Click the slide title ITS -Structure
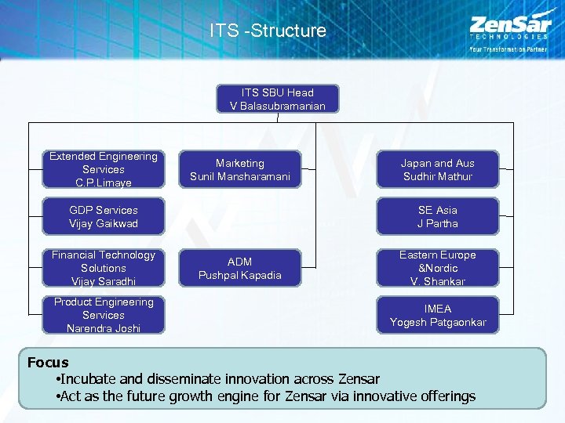(x=268, y=31)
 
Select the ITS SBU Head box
(x=277, y=99)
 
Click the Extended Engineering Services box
(x=104, y=169)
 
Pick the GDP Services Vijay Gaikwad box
(x=104, y=217)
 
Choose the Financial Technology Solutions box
(x=104, y=268)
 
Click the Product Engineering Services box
(x=104, y=315)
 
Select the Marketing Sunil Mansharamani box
(x=240, y=170)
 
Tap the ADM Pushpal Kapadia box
(x=240, y=269)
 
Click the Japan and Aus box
(x=438, y=170)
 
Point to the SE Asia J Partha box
(x=438, y=217)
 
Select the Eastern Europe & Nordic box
(x=438, y=268)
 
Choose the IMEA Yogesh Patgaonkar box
(x=438, y=315)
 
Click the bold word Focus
(x=48, y=363)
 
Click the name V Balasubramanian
(x=277, y=106)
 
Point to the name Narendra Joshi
(x=104, y=328)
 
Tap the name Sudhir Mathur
(x=438, y=177)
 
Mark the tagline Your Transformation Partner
(x=508, y=49)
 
